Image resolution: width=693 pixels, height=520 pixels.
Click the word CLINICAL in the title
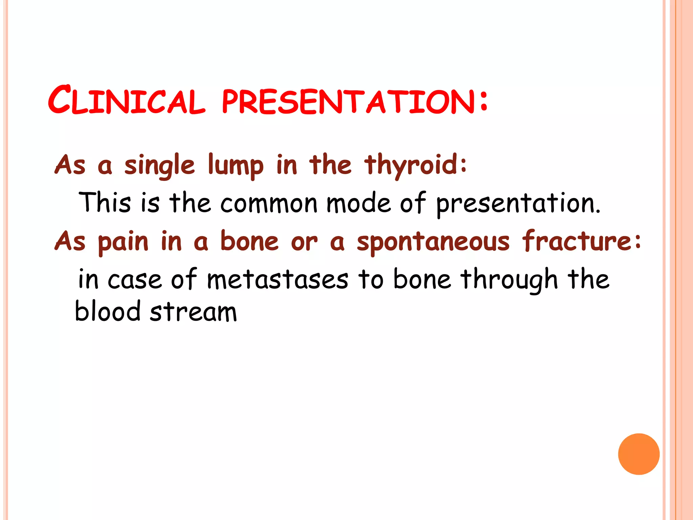(127, 101)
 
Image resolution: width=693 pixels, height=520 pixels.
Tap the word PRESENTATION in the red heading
(349, 102)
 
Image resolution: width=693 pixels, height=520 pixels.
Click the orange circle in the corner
(639, 454)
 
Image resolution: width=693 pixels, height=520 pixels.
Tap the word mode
(358, 203)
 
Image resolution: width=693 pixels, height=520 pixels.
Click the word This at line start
(105, 202)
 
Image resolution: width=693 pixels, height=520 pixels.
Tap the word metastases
(277, 280)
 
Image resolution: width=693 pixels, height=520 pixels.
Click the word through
(509, 280)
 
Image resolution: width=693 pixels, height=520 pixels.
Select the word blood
(108, 311)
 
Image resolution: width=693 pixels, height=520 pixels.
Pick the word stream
(193, 312)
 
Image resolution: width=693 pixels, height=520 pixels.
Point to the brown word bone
(249, 241)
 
